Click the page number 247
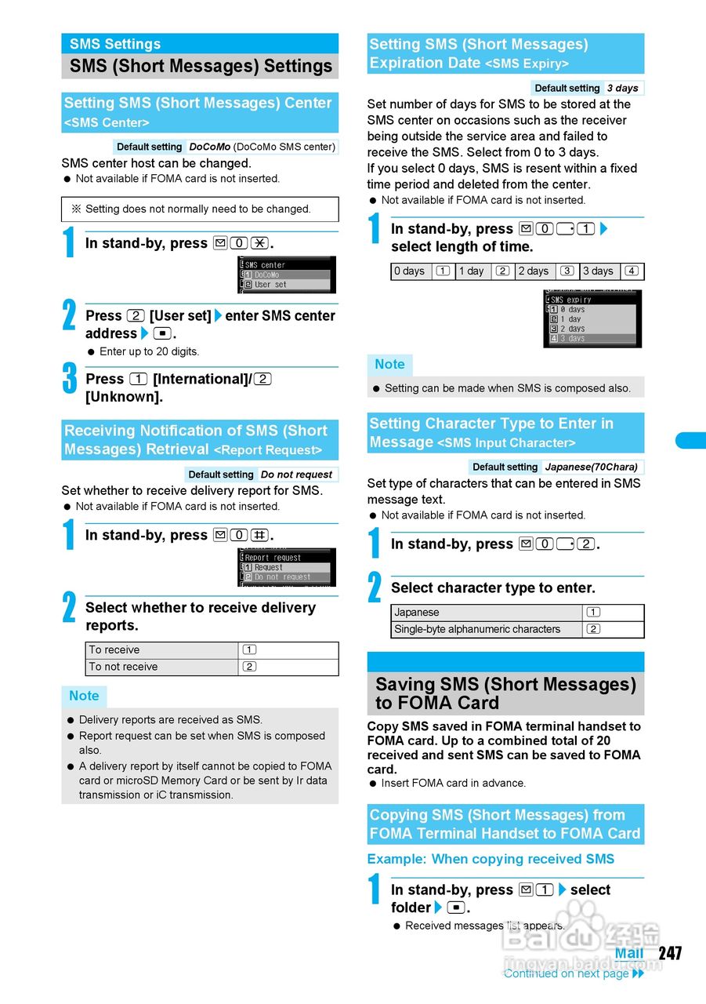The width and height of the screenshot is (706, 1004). tap(670, 953)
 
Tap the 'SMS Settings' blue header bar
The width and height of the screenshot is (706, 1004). tap(200, 44)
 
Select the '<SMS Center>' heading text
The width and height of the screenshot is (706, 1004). tap(107, 123)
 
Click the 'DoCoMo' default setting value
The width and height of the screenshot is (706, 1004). tap(210, 147)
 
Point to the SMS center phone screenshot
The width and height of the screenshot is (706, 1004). tap(287, 275)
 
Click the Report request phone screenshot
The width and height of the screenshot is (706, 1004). tap(287, 567)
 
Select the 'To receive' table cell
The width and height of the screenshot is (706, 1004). tap(161, 650)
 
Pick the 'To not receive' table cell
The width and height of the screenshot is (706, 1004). tap(161, 667)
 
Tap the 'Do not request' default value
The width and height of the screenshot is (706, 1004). tap(296, 475)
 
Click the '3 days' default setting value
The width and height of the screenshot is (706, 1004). tap(622, 89)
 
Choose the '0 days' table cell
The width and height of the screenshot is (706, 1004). tap(410, 271)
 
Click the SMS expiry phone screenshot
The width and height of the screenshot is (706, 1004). tap(592, 318)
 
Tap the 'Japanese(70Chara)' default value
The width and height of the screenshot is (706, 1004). tap(592, 467)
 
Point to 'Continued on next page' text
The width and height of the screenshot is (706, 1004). tap(566, 973)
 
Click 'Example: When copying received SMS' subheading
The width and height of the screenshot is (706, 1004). tap(491, 859)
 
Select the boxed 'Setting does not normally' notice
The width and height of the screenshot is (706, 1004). tap(200, 209)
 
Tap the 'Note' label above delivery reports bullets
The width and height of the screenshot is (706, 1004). tap(84, 696)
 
